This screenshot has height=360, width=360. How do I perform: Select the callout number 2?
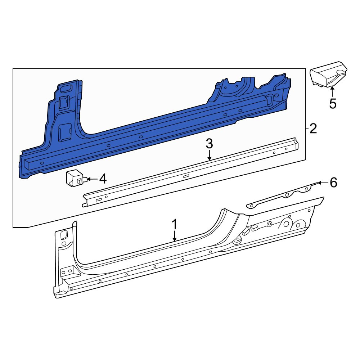click(x=313, y=129)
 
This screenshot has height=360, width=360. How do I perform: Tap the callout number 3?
click(x=209, y=144)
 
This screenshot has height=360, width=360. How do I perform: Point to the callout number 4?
click(x=103, y=179)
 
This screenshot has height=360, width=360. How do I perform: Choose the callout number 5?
click(x=333, y=104)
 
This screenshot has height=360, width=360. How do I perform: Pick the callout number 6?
click(x=333, y=183)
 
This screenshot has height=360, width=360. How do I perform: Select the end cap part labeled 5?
click(x=328, y=74)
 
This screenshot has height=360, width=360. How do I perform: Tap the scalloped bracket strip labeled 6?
click(x=282, y=196)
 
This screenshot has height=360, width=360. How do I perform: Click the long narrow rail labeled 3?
click(x=190, y=173)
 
